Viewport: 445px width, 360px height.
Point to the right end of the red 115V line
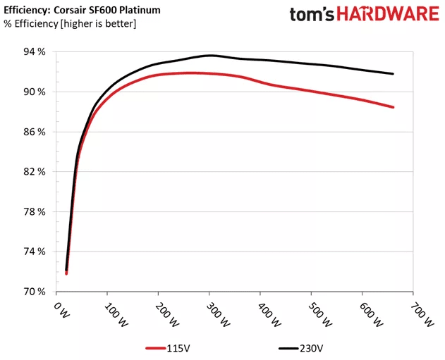tap(393, 107)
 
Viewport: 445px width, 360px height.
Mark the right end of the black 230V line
tap(393, 74)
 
